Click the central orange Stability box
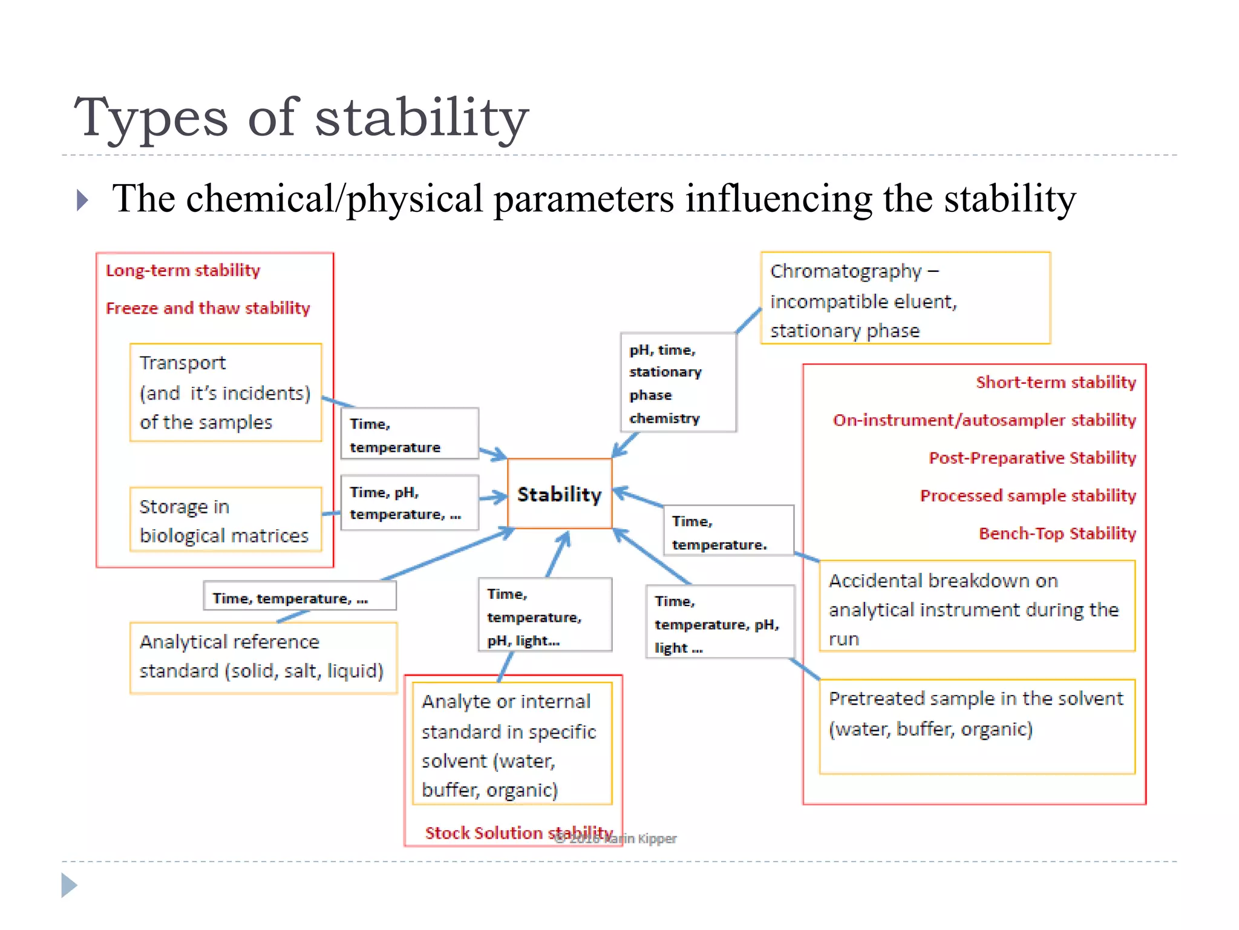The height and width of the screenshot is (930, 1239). [x=560, y=494]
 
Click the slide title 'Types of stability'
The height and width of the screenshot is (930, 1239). [x=301, y=117]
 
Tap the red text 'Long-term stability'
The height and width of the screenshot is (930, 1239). [x=183, y=270]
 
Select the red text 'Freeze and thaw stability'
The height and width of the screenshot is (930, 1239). [x=208, y=308]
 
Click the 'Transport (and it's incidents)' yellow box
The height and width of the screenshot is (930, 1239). [x=225, y=392]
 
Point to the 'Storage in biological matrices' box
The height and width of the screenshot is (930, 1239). [x=225, y=520]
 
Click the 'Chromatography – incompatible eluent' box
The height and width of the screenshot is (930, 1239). [x=905, y=298]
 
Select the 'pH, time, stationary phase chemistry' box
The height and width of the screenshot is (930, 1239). [x=678, y=383]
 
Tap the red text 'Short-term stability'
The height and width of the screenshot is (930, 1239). [x=1056, y=382]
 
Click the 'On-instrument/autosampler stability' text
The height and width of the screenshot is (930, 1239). [x=984, y=420]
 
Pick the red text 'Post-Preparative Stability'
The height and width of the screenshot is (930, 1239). [x=1032, y=458]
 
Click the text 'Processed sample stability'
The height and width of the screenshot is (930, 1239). [x=1028, y=495]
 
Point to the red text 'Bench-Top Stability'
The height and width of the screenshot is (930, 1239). [x=1057, y=533]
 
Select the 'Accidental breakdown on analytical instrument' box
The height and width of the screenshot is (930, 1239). [x=976, y=607]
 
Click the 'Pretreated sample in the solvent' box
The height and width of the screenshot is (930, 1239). [x=976, y=726]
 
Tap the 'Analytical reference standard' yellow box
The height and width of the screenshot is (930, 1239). [x=263, y=657]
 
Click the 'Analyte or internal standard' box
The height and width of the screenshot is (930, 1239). [x=512, y=744]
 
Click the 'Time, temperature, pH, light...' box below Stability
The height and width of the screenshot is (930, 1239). [x=544, y=615]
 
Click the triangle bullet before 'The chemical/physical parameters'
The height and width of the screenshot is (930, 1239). [x=83, y=200]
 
